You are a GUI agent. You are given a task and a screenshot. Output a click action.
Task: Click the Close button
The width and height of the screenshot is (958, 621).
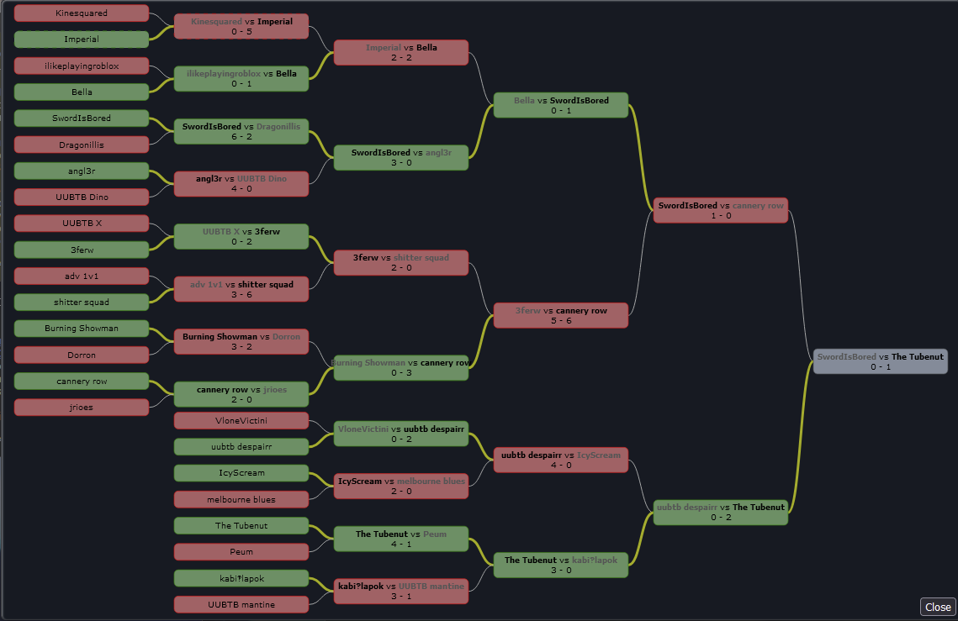point(938,607)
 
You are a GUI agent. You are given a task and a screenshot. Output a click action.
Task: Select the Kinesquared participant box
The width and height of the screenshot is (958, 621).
point(82,13)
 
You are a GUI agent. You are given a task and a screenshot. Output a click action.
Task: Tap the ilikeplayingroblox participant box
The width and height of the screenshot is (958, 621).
point(82,66)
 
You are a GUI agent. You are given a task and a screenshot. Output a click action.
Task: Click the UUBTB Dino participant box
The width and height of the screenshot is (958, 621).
point(82,197)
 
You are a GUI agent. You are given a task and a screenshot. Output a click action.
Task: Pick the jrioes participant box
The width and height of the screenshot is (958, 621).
point(82,408)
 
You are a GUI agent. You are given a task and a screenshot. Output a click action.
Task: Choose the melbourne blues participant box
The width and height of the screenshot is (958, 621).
point(241,499)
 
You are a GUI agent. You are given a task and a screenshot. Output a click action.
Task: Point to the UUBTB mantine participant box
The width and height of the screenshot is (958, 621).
point(241,604)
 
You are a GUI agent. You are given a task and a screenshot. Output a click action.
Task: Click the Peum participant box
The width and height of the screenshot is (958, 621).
point(241,552)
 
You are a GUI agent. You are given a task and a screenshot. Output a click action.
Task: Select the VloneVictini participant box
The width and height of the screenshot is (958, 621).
point(241,420)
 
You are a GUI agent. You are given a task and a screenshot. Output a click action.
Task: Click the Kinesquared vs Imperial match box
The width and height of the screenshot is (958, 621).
point(241,26)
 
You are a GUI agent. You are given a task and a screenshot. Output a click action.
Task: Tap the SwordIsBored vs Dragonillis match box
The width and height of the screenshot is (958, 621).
point(241,131)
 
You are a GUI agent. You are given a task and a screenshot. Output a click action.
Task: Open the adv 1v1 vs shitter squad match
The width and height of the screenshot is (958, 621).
point(241,289)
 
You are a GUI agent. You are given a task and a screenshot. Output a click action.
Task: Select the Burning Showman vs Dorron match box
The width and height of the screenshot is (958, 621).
point(241,341)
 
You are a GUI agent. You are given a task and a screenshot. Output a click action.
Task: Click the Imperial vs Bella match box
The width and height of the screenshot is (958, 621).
point(401,52)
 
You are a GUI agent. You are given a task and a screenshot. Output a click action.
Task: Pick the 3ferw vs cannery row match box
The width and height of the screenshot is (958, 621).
point(561,315)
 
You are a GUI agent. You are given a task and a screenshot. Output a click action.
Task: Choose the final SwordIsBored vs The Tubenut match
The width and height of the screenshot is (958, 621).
point(881,361)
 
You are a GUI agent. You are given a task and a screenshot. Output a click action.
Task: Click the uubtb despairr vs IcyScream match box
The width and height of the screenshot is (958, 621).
point(561,460)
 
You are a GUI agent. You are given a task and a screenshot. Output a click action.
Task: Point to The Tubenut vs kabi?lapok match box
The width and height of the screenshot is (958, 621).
point(561,565)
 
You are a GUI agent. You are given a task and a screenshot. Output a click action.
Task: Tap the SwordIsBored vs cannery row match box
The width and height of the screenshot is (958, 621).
point(721,210)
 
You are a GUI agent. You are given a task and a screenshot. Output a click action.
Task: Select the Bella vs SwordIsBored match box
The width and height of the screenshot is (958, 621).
point(561,105)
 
